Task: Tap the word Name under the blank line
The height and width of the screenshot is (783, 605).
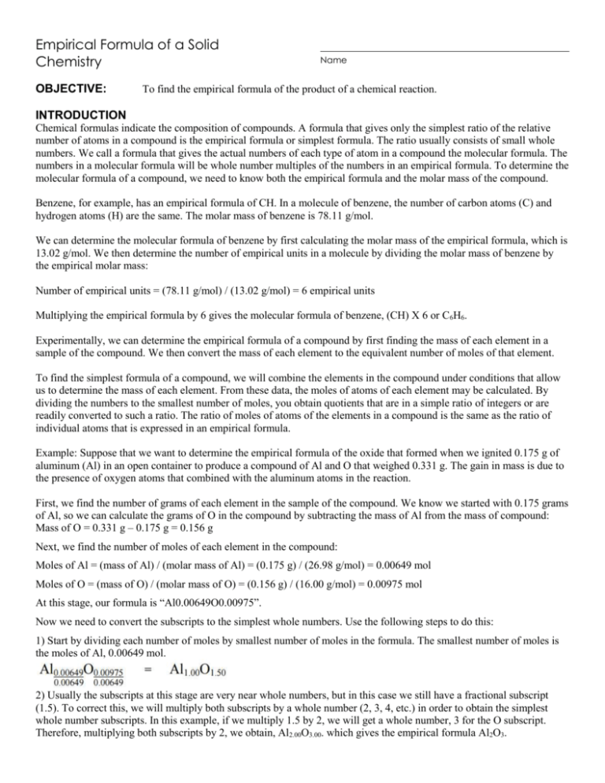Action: (x=332, y=60)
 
